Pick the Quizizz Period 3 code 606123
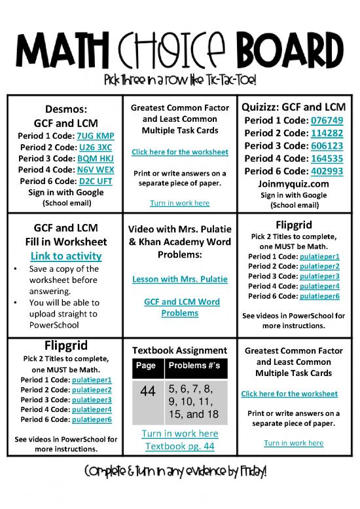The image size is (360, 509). click(327, 145)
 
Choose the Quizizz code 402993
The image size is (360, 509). click(327, 170)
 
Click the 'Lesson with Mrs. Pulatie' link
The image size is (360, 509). click(180, 279)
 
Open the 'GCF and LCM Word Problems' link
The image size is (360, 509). click(180, 307)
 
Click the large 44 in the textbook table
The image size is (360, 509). click(147, 392)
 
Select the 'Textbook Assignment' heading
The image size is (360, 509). click(180, 350)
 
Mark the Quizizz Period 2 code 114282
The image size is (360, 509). click(327, 133)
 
